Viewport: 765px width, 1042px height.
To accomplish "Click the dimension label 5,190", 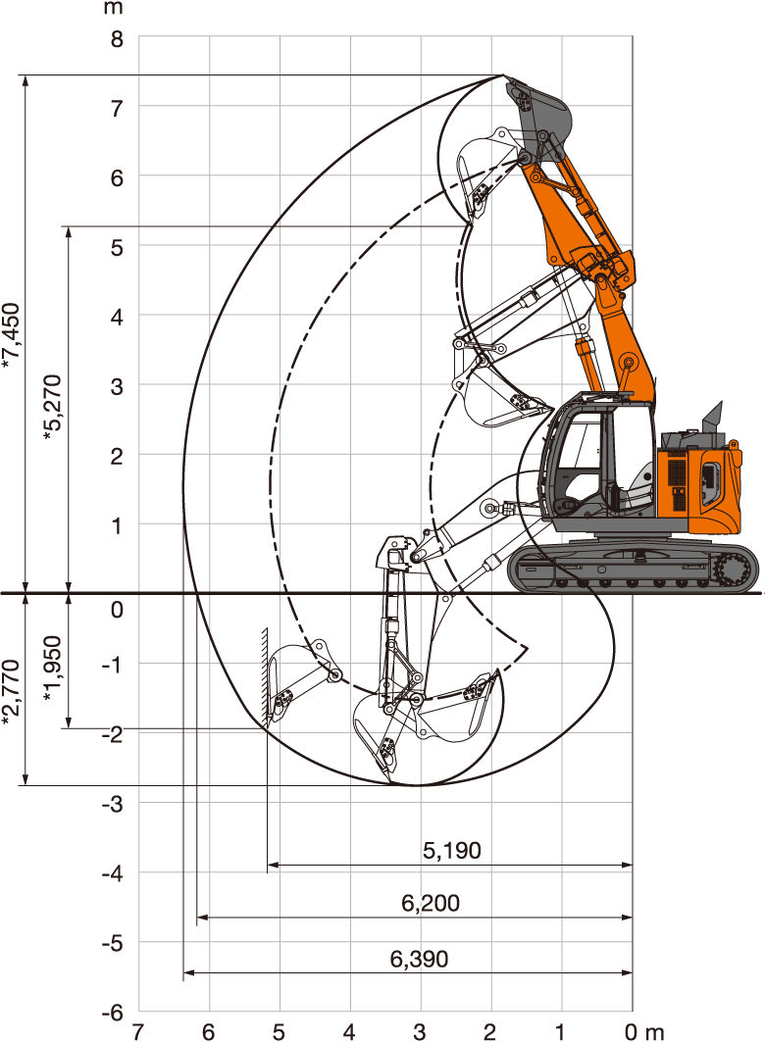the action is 451,850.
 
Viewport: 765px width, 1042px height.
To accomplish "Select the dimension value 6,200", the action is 430,903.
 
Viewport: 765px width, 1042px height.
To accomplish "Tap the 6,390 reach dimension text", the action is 419,959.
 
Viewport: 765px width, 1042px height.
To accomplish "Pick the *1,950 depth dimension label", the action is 52,669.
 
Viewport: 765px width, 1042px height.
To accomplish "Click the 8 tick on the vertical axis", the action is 117,39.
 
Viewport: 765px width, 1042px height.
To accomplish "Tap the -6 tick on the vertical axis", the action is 113,1012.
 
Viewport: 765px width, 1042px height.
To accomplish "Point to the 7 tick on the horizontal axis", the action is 137,1032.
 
